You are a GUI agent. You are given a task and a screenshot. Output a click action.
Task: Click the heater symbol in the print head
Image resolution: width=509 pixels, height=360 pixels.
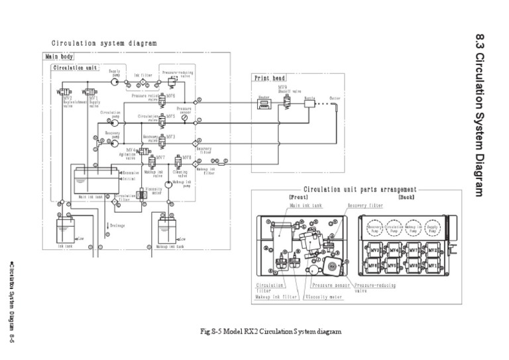[x=262, y=105]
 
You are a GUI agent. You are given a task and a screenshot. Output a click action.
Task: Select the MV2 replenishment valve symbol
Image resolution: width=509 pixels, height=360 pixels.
[x=61, y=91]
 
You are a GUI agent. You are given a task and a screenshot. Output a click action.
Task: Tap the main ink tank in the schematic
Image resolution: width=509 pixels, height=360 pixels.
[x=97, y=180]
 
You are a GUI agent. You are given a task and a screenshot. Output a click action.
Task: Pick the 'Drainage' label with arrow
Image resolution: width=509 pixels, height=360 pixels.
[x=115, y=226]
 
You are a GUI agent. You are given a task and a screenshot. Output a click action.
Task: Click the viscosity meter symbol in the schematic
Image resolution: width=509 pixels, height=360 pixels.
[x=141, y=194]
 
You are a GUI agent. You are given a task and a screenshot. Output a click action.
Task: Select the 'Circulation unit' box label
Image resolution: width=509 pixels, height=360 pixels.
[x=76, y=68]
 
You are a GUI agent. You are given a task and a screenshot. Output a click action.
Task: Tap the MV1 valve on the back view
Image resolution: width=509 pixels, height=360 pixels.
[x=433, y=267]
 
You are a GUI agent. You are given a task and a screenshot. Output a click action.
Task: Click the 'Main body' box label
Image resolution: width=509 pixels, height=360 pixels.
[x=59, y=57]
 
